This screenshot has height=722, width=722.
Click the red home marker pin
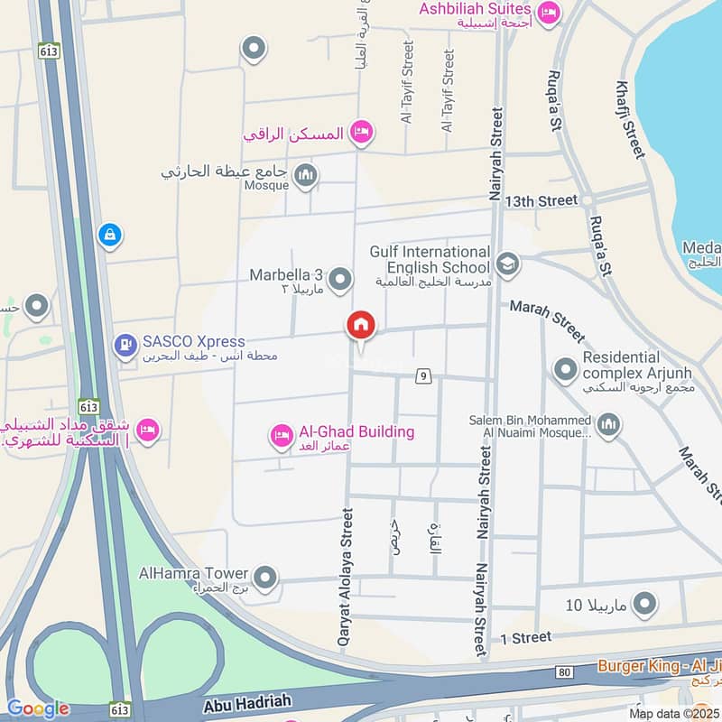[361, 326]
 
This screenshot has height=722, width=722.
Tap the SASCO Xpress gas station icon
[125, 344]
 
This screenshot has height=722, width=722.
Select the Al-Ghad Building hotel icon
[282, 436]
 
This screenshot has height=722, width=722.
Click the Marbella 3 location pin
[340, 281]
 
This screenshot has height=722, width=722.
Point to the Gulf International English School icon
[507, 264]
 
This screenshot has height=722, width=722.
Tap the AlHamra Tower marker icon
[264, 576]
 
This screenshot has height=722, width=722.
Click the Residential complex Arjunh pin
[565, 369]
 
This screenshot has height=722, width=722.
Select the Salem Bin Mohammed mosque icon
[609, 425]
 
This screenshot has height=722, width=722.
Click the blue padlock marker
[109, 236]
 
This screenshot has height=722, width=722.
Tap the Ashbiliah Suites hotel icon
[547, 14]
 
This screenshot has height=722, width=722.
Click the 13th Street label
[541, 199]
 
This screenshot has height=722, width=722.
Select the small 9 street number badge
[421, 375]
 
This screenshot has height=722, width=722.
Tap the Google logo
[37, 708]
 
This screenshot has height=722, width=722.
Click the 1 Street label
[525, 637]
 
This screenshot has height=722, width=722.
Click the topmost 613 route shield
[49, 51]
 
